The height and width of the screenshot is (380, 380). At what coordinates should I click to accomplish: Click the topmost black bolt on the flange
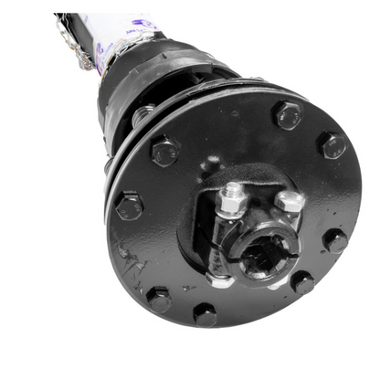288,115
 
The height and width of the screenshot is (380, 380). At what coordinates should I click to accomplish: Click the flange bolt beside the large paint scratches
158,298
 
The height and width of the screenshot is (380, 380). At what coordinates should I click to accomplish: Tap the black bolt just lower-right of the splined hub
301,281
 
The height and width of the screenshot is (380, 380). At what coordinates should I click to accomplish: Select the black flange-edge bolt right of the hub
335,241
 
